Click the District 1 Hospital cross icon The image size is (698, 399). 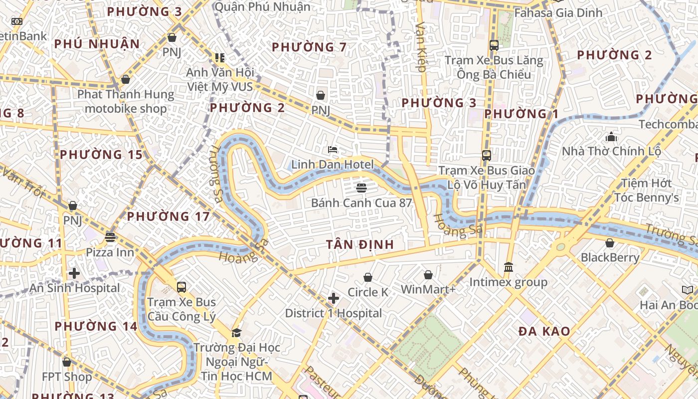click(334, 299)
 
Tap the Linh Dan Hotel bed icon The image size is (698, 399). click(333, 150)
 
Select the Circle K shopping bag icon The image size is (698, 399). click(368, 277)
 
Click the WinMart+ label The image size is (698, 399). click(428, 289)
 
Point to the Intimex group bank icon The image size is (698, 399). click(509, 267)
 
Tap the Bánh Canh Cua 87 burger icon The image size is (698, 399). click(361, 188)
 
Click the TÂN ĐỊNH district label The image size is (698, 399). click(360, 244)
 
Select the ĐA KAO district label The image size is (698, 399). click(544, 331)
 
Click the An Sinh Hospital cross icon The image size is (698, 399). click(74, 273)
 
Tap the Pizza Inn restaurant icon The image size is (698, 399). click(110, 237)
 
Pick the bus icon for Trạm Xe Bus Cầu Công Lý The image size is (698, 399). click(181, 287)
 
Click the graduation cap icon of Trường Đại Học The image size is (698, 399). click(236, 333)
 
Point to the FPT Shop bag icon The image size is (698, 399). click(67, 362)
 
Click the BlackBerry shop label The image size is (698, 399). click(610, 257)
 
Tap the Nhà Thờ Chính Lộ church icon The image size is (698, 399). click(611, 137)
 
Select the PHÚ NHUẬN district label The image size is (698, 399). click(97, 44)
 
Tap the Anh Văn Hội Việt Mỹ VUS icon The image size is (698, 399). click(220, 58)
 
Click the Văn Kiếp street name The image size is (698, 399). click(422, 50)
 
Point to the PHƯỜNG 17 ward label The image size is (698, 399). click(168, 216)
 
